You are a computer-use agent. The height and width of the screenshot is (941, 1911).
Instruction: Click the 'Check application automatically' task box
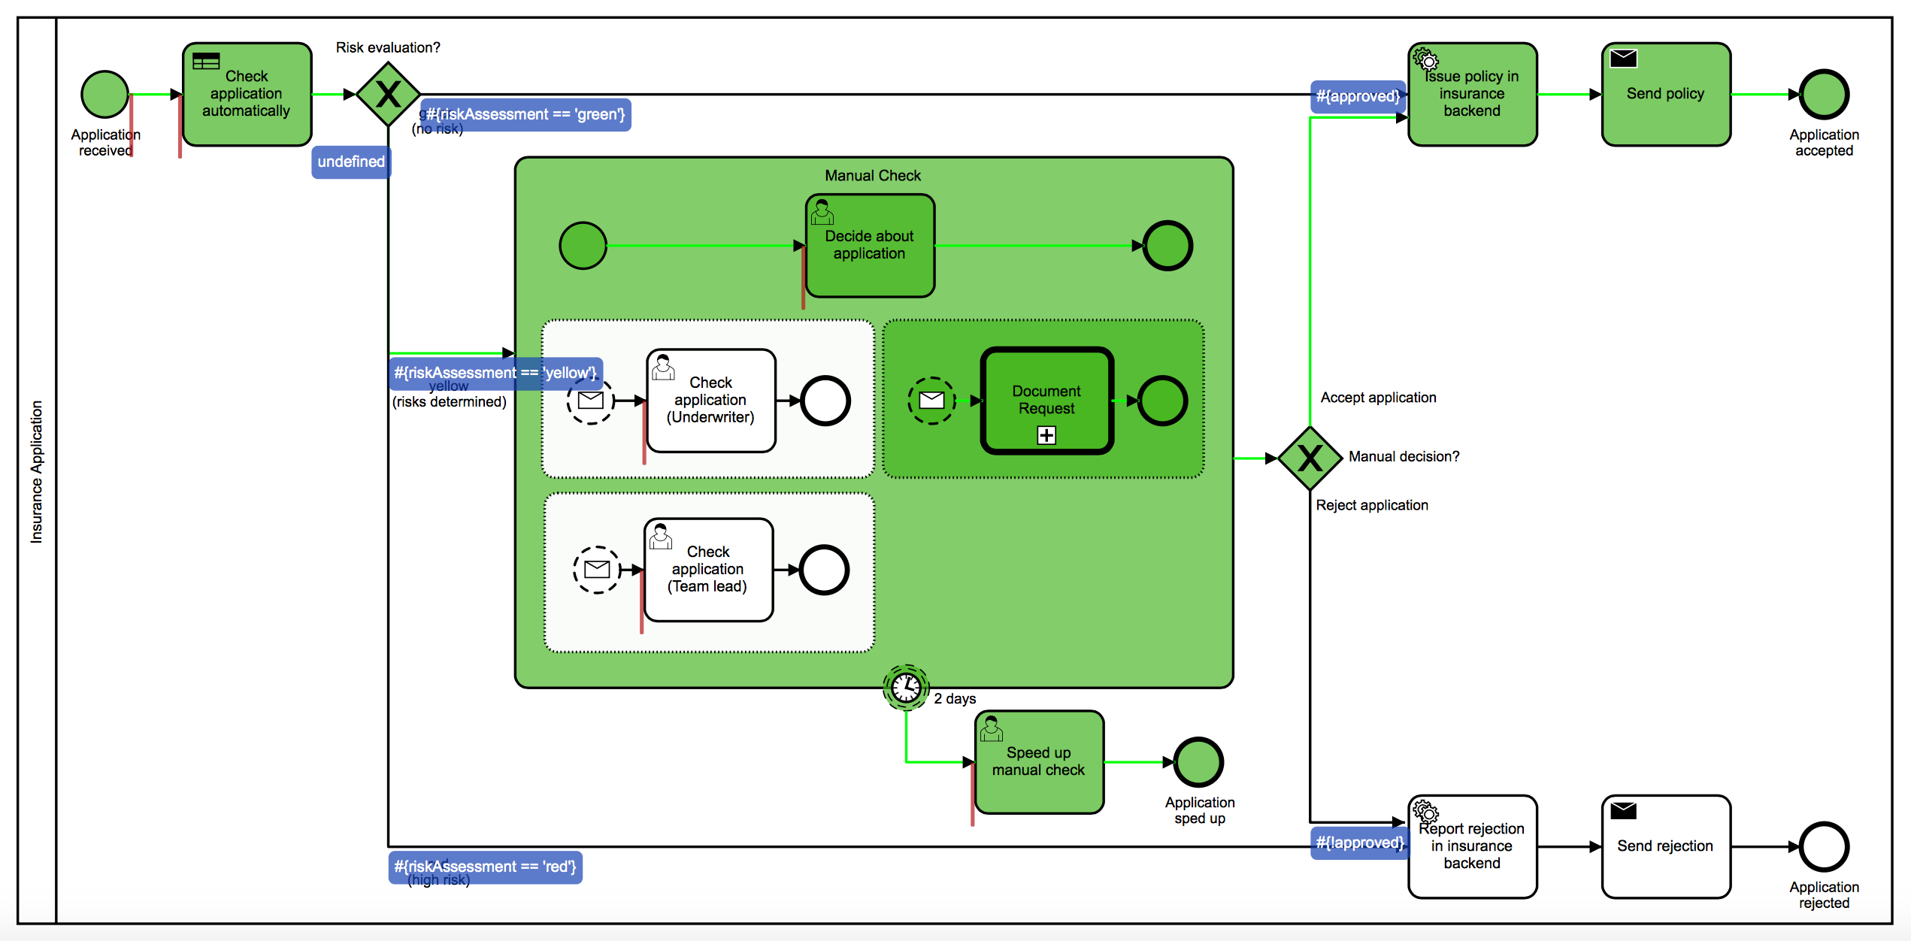[x=247, y=94]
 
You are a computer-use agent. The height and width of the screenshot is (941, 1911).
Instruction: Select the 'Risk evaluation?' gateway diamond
[x=388, y=95]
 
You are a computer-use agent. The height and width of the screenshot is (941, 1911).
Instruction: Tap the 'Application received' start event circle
[x=104, y=95]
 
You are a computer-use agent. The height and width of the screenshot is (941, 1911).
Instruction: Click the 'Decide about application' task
[x=870, y=246]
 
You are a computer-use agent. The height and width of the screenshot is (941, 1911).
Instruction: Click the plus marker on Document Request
[x=1046, y=435]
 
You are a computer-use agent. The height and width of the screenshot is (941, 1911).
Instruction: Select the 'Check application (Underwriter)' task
[x=710, y=401]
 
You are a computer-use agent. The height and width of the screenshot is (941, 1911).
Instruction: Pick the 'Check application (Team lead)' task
[x=708, y=570]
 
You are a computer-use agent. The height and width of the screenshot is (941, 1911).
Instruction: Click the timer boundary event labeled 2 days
[x=906, y=687]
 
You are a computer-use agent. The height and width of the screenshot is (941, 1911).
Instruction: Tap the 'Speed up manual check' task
[x=1039, y=762]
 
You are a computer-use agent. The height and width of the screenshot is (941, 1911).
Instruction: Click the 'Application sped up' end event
[x=1199, y=762]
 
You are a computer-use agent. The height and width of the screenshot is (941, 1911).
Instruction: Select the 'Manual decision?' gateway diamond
[x=1310, y=458]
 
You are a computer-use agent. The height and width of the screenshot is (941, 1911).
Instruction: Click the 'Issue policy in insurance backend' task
[x=1472, y=94]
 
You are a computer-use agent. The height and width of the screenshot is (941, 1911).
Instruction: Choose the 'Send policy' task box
[x=1666, y=94]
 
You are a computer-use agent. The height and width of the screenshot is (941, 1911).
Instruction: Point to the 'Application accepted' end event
[x=1824, y=95]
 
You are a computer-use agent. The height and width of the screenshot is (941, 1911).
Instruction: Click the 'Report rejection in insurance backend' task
[x=1472, y=847]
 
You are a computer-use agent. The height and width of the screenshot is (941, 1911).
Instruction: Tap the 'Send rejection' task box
[x=1666, y=847]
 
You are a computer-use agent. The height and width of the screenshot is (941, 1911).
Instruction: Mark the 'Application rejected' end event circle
[x=1824, y=847]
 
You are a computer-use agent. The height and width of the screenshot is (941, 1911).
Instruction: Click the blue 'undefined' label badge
[x=351, y=162]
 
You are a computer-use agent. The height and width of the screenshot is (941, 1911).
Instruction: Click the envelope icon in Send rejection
[x=1624, y=810]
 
